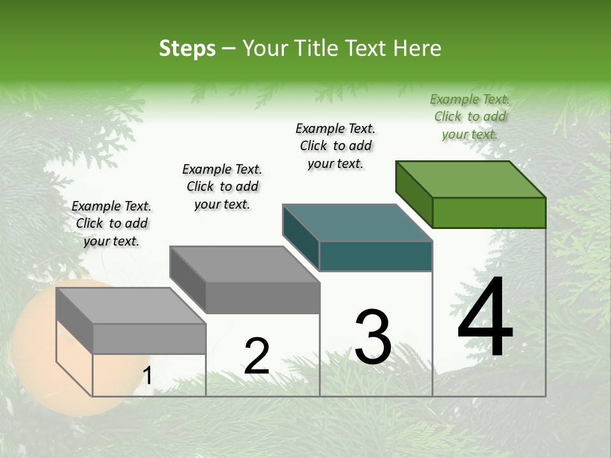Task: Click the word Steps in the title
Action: pos(187,48)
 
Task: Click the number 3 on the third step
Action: pos(373,337)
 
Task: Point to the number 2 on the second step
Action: pos(256,356)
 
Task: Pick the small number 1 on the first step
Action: pos(148,376)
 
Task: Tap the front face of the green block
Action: pos(489,212)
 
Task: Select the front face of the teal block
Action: pos(376,256)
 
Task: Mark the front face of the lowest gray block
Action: pos(149,338)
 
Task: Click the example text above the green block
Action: pos(470,116)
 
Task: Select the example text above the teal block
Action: pos(335,146)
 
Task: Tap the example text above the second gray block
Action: pos(222,186)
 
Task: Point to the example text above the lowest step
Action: pos(111,223)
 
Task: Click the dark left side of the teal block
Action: pos(300,237)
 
